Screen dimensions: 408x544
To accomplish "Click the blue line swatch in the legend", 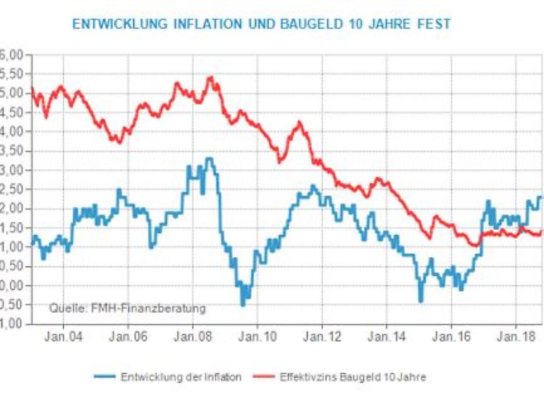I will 106,376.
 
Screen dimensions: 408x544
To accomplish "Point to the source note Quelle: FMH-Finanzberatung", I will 128,308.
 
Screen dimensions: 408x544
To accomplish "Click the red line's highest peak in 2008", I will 210,77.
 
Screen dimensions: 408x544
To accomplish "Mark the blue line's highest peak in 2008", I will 209,159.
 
